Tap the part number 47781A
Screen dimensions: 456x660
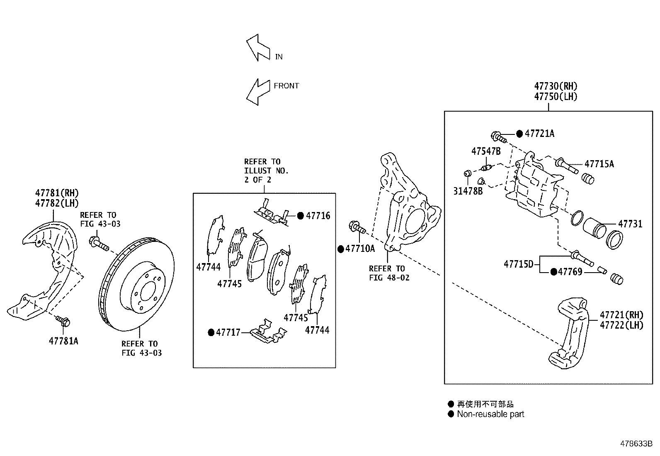[63, 341]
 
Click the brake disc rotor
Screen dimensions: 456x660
[138, 284]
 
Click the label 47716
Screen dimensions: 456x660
[318, 216]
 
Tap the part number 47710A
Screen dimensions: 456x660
[359, 249]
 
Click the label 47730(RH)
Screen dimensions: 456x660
[556, 86]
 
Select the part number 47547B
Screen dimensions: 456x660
[485, 151]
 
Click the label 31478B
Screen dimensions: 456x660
[468, 192]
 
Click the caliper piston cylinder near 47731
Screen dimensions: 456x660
[594, 229]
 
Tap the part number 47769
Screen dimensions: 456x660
[570, 272]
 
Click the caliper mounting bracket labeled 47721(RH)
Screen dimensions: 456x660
[571, 332]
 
